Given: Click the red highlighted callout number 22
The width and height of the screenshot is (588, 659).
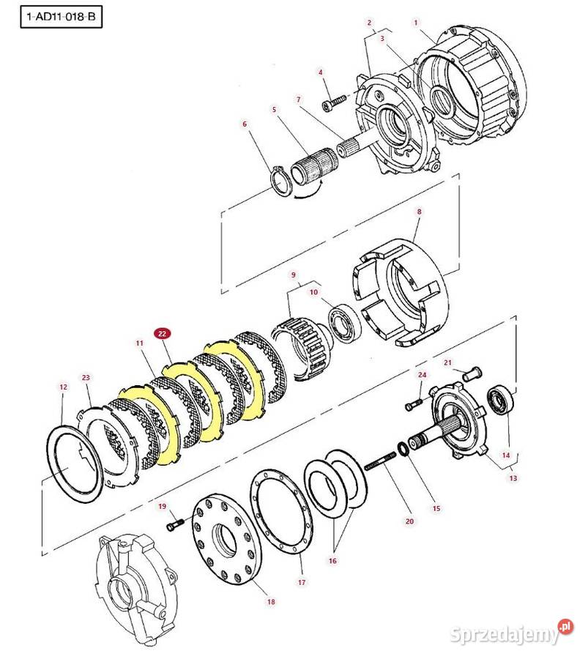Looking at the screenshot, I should (163, 333).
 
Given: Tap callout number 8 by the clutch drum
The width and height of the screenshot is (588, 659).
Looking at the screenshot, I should (419, 212).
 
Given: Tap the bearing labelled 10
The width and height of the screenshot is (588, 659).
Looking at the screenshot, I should (341, 324).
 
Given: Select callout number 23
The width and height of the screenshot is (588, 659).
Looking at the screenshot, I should (86, 378).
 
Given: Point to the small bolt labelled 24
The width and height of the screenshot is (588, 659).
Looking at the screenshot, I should (411, 403).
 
